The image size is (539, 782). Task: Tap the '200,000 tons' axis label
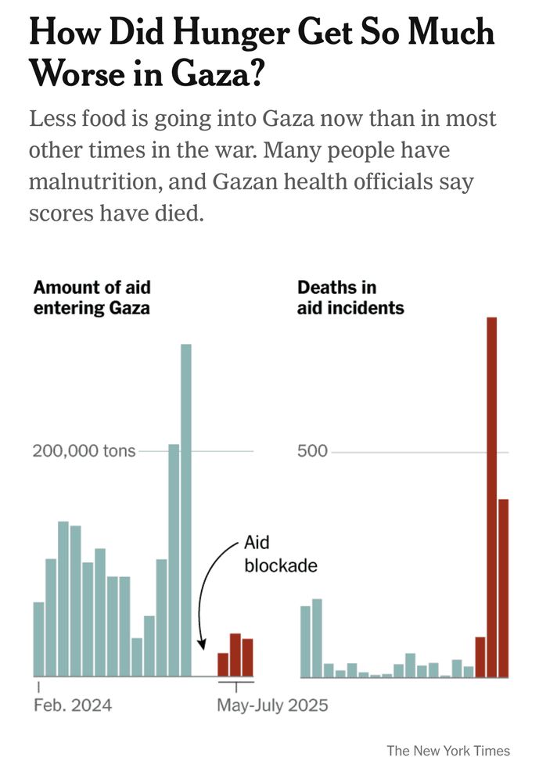coord(84,451)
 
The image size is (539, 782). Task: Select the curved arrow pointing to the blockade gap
coord(205,594)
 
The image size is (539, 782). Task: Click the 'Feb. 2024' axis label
coord(73,705)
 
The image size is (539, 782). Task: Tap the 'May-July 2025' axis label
coord(272,705)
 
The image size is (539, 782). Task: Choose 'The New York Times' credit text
coord(448,751)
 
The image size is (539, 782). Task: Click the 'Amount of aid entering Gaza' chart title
coord(92,298)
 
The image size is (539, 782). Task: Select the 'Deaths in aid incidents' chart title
coord(350,298)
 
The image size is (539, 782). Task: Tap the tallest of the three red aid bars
coord(235,655)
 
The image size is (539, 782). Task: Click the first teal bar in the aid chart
coord(38,639)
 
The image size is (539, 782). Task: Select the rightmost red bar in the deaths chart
coord(504,587)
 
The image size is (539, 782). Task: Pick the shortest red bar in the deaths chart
coord(480,657)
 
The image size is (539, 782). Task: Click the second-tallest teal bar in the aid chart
coord(174,560)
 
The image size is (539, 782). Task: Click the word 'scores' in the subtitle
coord(63,213)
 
